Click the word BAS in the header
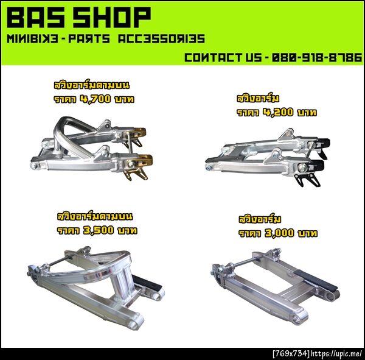(36, 17)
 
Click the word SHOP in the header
(112, 17)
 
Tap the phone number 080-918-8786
(317, 57)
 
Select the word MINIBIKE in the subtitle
(32, 38)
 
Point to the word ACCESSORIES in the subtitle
(161, 38)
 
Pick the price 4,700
(96, 99)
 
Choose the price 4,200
(278, 112)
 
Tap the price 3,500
(99, 230)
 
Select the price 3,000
(279, 233)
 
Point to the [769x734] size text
(291, 354)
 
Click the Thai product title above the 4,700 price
(92, 85)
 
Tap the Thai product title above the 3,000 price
(260, 219)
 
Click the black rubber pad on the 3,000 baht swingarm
(316, 280)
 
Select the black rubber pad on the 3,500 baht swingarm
(147, 282)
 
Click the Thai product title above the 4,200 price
(258, 98)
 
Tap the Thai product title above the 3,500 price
(95, 216)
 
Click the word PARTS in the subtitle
(89, 38)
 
